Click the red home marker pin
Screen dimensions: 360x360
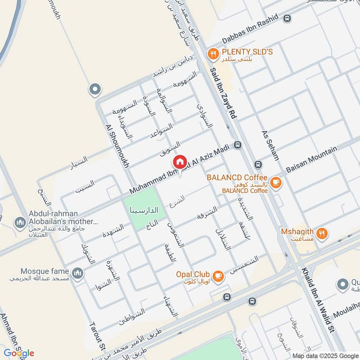[x=180, y=162]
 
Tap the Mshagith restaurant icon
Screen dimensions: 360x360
[x=321, y=233]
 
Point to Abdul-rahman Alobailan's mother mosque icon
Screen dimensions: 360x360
[x=19, y=222]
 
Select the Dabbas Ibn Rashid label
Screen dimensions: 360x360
[x=250, y=33]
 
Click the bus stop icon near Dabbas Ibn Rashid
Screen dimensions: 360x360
[x=287, y=18]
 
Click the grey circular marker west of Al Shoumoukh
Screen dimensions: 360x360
[x=94, y=90]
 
